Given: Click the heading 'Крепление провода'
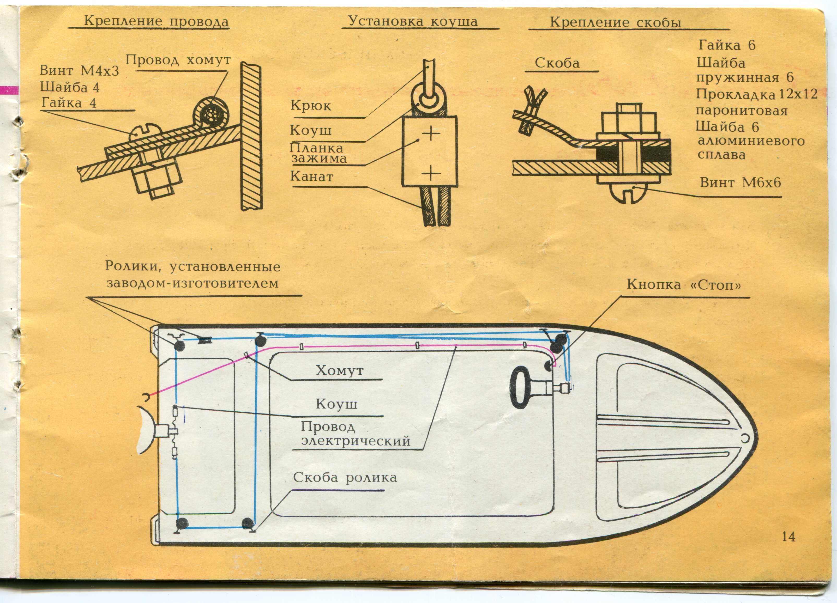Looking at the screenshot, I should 156,21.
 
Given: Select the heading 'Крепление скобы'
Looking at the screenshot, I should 615,22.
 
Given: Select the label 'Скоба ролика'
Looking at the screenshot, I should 345,478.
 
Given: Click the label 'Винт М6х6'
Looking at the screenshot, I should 740,182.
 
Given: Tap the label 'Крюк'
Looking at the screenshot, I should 311,106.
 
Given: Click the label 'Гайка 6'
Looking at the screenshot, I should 727,45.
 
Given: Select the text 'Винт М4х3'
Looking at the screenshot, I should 79,70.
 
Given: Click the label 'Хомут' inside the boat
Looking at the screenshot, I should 340,370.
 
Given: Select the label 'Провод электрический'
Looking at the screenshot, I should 356,434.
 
